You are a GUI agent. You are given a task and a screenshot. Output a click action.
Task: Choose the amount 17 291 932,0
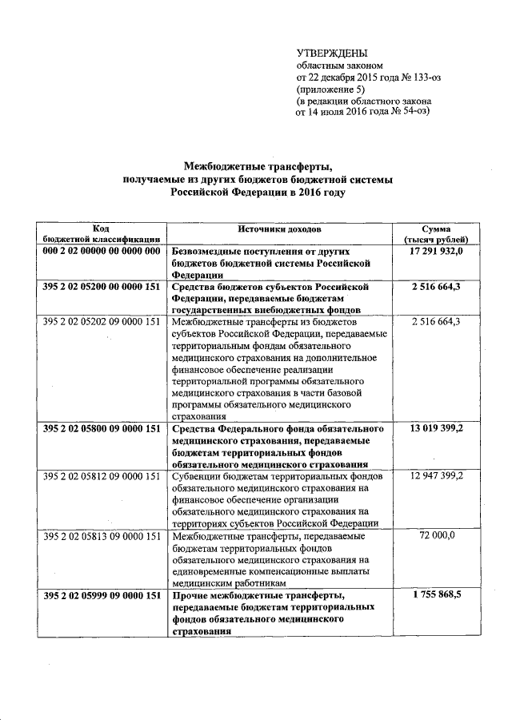click(x=438, y=251)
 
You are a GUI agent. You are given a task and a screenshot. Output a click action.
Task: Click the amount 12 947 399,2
click(x=438, y=475)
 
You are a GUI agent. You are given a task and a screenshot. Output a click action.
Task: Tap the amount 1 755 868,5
click(x=438, y=594)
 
